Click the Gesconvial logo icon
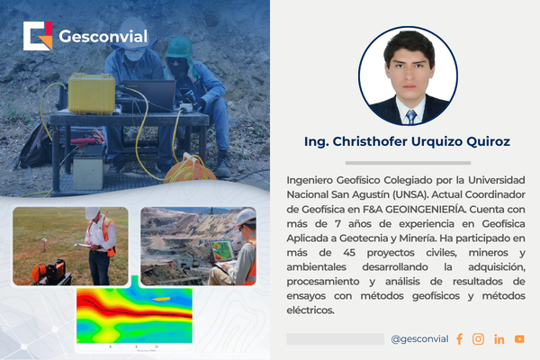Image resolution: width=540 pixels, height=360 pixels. [x=39, y=37]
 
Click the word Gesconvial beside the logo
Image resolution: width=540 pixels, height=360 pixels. [x=103, y=38]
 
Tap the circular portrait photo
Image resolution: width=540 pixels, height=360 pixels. [x=409, y=76]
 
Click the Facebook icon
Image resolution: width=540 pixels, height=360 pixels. [x=459, y=339]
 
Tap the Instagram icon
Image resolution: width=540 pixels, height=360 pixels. [x=478, y=339]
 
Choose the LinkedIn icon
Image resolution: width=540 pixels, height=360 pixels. [x=499, y=339]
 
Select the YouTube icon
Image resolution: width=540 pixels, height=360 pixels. [x=519, y=339]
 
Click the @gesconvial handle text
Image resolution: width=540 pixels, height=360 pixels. [x=419, y=339]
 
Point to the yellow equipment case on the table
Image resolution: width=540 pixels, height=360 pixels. [x=91, y=93]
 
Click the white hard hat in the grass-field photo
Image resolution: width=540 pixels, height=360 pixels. [x=92, y=212]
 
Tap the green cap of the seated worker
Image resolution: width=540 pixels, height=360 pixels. [x=181, y=45]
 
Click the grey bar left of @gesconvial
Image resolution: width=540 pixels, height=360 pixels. [x=335, y=339]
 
